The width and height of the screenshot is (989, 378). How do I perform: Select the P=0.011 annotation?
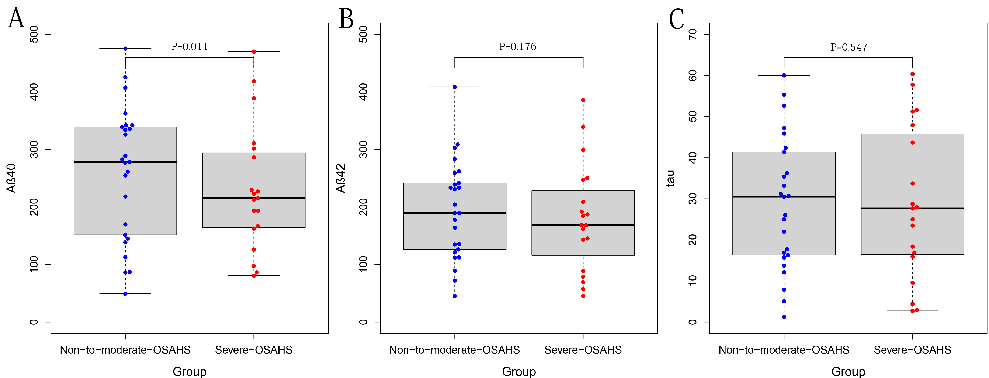190,47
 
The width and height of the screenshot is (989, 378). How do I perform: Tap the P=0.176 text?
518,47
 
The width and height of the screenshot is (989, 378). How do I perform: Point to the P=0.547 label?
849,47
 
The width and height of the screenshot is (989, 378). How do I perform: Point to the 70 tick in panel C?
693,35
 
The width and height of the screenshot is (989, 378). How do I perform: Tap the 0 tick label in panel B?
363,322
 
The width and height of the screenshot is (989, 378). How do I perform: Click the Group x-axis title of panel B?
519,371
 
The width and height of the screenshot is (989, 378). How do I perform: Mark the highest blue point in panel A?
125,48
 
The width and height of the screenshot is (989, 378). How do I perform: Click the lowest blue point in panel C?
784,317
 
